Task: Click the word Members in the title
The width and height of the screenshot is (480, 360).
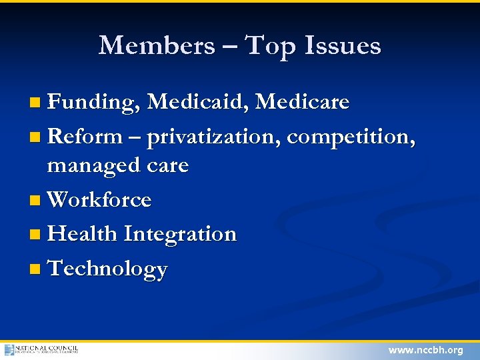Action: click(x=157, y=45)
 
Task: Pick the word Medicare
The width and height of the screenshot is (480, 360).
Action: click(x=303, y=102)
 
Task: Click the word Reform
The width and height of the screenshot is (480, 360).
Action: click(x=85, y=137)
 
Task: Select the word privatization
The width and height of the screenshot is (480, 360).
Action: click(x=214, y=137)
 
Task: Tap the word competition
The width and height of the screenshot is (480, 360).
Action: click(x=351, y=137)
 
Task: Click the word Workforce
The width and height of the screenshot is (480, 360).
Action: click(x=100, y=199)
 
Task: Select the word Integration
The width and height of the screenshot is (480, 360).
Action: click(x=180, y=234)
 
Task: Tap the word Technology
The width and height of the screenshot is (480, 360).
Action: click(x=108, y=269)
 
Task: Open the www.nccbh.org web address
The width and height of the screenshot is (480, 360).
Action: click(x=425, y=350)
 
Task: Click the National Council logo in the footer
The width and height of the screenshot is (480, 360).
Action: click(x=41, y=349)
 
